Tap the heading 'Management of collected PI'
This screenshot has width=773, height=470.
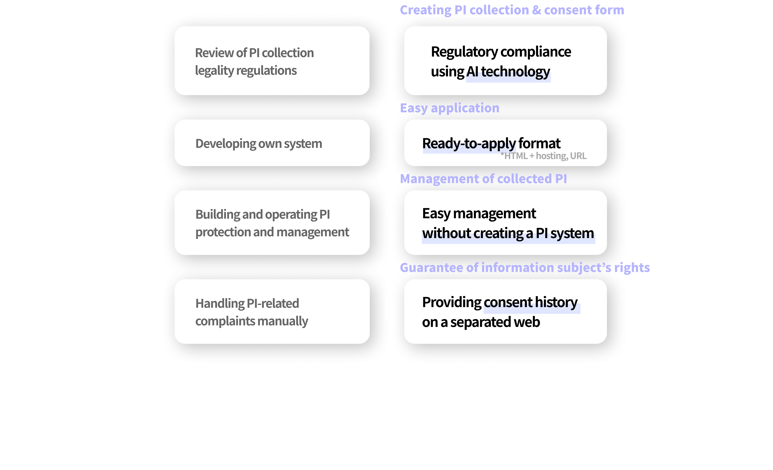pyautogui.click(x=483, y=179)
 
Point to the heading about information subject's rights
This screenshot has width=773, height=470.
pyautogui.click(x=525, y=268)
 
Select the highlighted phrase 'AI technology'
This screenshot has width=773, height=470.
pyautogui.click(x=508, y=72)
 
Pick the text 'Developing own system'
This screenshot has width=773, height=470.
pyautogui.click(x=259, y=144)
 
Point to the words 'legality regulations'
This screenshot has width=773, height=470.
pyautogui.click(x=246, y=71)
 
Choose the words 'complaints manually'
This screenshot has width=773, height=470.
pyautogui.click(x=252, y=321)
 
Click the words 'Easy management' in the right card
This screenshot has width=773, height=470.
pyautogui.click(x=479, y=213)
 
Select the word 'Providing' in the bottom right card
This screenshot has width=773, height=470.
pyautogui.click(x=451, y=302)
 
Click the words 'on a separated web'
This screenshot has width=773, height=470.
pyautogui.click(x=481, y=322)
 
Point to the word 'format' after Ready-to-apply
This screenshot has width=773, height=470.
pyautogui.click(x=539, y=143)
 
